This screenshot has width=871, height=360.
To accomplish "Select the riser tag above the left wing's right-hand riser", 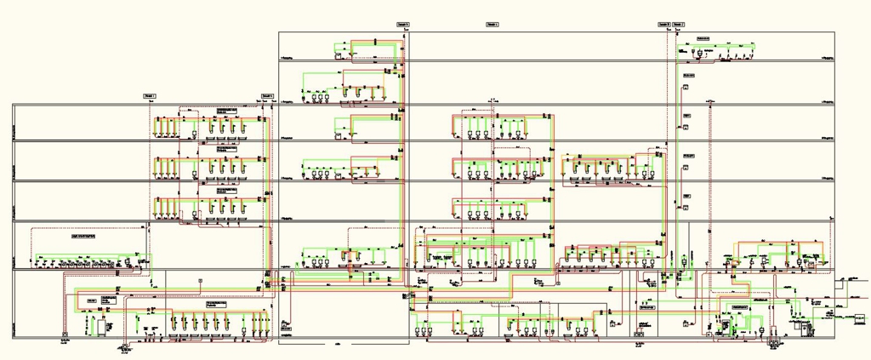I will tap(268, 96).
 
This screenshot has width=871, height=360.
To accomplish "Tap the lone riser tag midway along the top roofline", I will tap(492, 25).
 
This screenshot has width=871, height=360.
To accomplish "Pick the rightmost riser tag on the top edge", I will tap(677, 25).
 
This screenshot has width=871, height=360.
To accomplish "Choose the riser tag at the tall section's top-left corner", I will tap(403, 25).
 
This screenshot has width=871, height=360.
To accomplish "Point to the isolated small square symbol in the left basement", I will tap(200, 280).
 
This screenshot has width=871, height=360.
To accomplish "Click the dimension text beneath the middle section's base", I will tap(339, 343).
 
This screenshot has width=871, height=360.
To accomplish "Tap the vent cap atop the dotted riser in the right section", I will tap(710, 103).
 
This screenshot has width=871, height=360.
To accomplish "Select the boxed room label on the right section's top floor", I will tap(703, 40).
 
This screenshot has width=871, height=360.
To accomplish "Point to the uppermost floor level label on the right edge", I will tap(826, 57).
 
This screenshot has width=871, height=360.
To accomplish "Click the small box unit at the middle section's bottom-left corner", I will tap(285, 323).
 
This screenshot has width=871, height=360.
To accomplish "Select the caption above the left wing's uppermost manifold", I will tap(225, 111).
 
